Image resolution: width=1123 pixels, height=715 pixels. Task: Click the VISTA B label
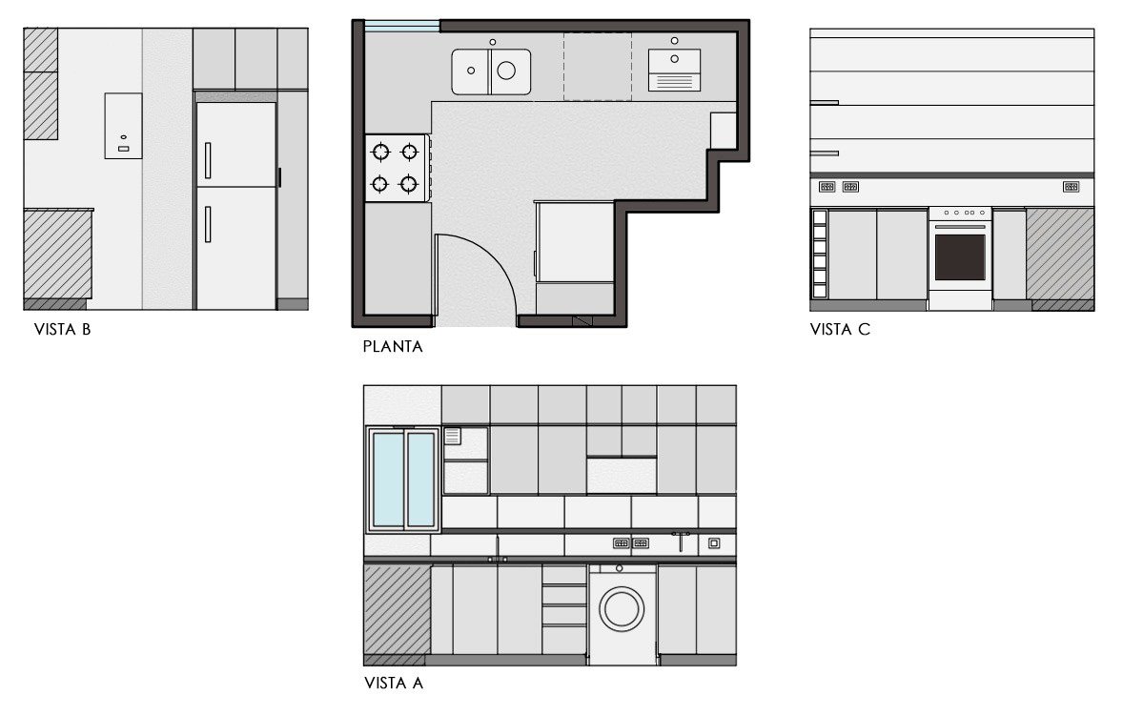pos(62,330)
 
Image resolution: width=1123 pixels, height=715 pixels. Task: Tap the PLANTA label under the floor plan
pos(393,347)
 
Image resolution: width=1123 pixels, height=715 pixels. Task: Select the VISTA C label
pos(839,330)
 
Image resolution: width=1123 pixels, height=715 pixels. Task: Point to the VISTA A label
pos(393,683)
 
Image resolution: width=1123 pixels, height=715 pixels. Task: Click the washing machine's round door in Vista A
pos(622,609)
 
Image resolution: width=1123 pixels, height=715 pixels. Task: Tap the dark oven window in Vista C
pos(960,257)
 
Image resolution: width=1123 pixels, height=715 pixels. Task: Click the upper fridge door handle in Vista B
pos(208,160)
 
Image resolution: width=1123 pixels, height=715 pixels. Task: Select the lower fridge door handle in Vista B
pos(208,223)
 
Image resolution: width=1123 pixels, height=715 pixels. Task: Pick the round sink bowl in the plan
pos(506,71)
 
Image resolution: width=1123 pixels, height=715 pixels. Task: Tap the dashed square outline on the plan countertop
pos(598,66)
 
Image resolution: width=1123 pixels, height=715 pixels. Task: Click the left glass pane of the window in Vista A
pos(387,480)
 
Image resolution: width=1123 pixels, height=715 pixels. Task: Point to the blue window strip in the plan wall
pos(401,27)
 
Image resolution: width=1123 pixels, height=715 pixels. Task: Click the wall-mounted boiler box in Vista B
pos(123,126)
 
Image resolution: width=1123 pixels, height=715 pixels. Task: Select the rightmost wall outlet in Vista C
pos(1071,187)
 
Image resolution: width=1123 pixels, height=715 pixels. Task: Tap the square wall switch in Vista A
pos(713,543)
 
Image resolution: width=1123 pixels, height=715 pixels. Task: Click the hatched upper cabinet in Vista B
pos(41,84)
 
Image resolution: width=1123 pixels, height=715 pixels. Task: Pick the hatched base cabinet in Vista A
pos(397,609)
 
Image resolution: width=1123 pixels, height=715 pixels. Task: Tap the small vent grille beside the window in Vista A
pos(453,437)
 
